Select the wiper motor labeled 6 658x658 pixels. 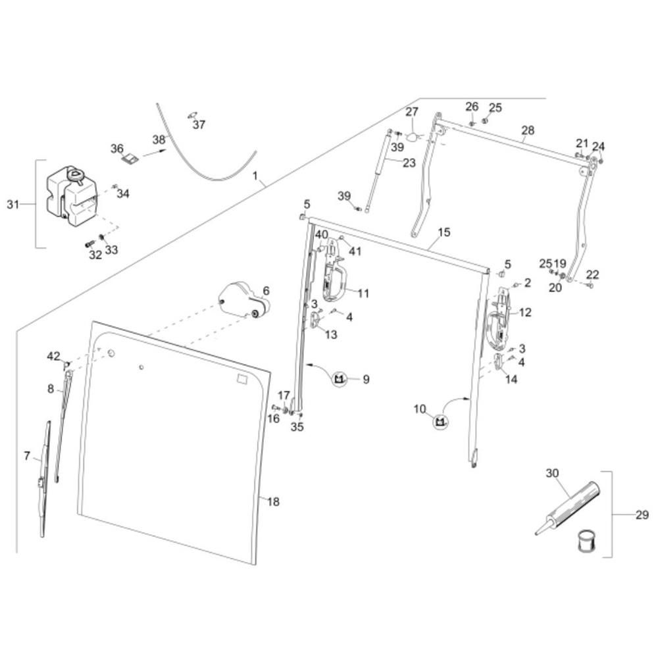click(x=243, y=301)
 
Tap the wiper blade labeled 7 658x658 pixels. click(x=44, y=477)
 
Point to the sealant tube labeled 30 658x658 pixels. click(x=569, y=507)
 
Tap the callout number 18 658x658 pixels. click(x=274, y=502)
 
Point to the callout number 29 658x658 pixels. click(x=642, y=515)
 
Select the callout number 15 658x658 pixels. click(x=443, y=232)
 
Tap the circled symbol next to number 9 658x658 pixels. click(x=340, y=379)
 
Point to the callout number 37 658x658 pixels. click(x=199, y=124)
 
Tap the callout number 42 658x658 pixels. click(x=53, y=356)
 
